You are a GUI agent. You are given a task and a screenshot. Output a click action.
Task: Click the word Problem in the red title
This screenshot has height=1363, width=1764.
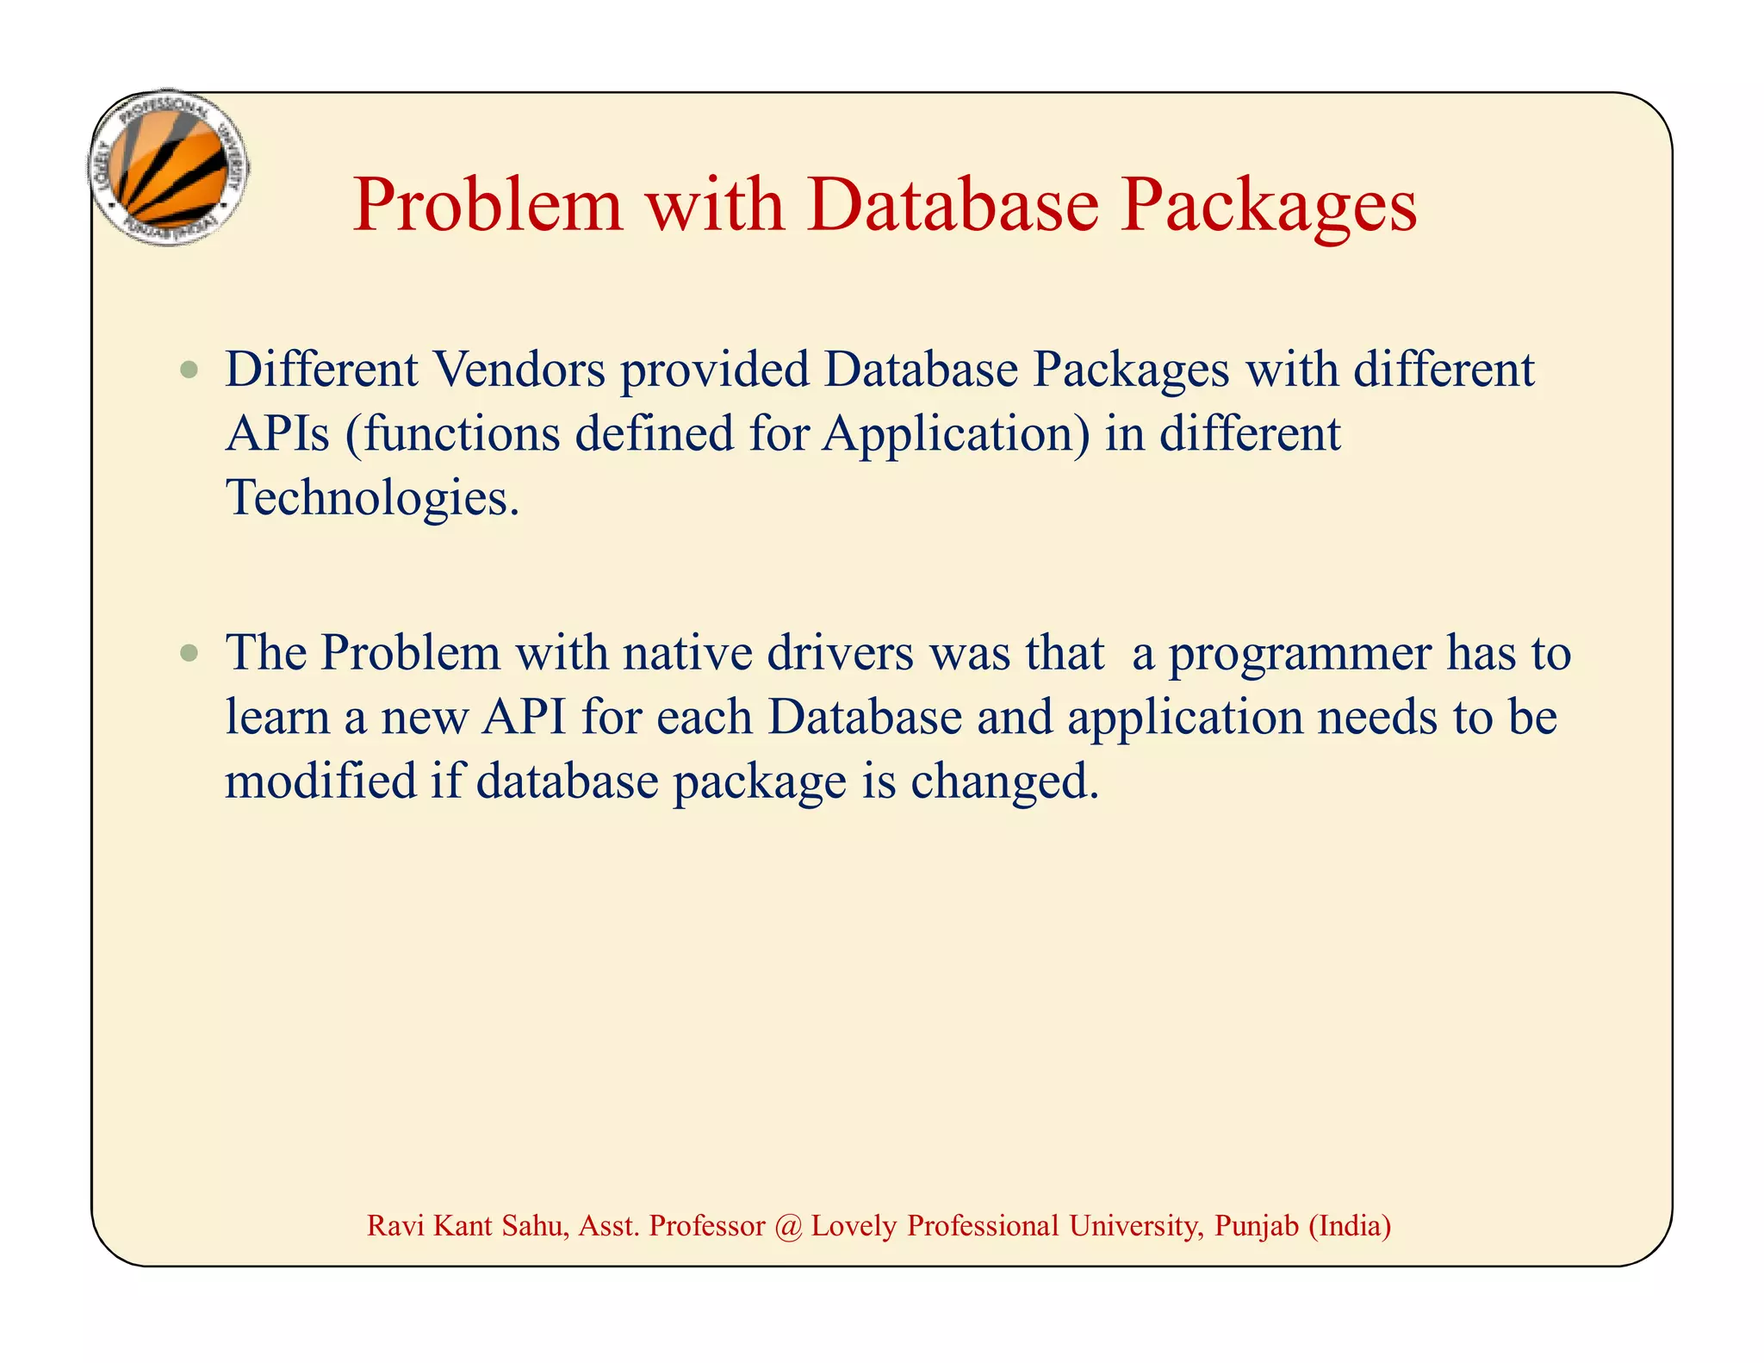(488, 206)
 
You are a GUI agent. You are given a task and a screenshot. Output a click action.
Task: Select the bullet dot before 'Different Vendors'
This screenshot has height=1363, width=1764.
(189, 371)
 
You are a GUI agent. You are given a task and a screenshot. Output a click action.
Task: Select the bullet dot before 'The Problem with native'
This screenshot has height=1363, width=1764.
(189, 654)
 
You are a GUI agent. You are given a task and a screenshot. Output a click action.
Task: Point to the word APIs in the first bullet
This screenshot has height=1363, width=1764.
(277, 433)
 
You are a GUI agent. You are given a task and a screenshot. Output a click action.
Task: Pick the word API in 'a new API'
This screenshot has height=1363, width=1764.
(525, 717)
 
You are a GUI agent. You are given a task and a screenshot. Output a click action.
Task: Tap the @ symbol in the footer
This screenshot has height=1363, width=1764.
(787, 1225)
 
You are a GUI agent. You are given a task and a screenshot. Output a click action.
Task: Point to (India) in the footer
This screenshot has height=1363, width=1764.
(1350, 1225)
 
